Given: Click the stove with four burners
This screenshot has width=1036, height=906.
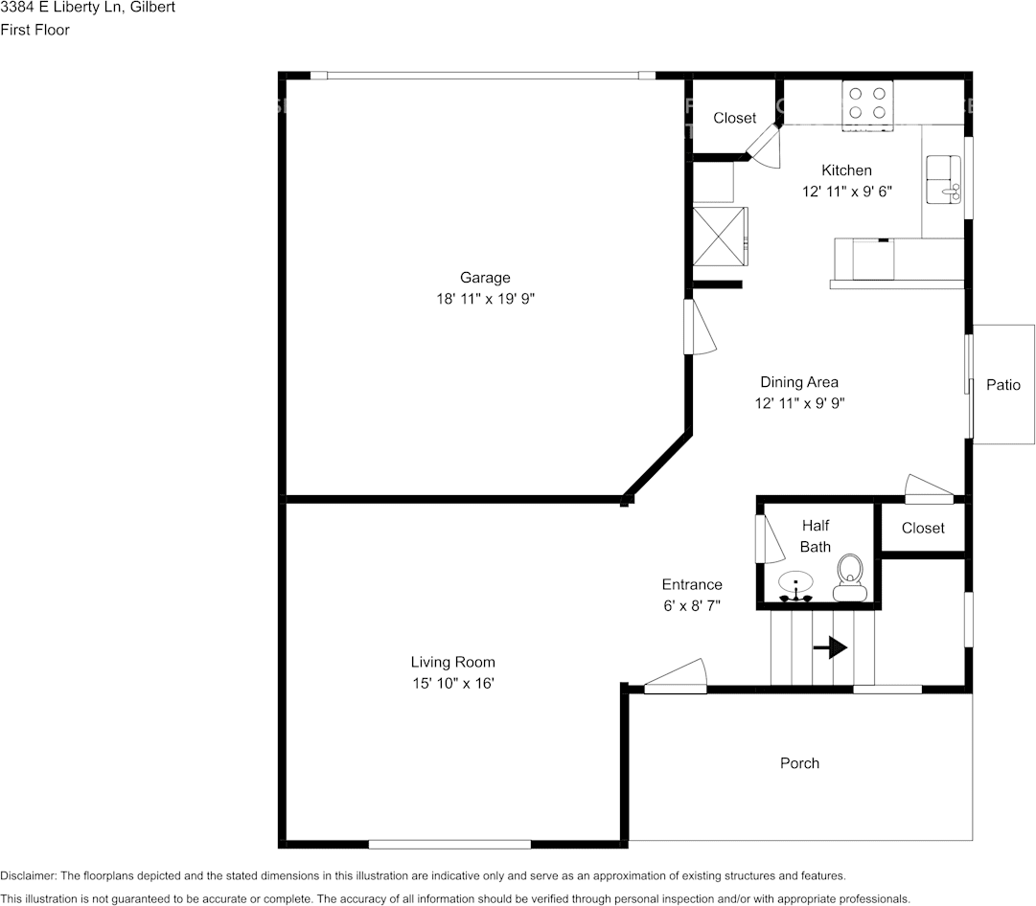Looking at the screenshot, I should pyautogui.click(x=867, y=103).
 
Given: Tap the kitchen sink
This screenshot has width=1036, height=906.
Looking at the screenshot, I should pyautogui.click(x=945, y=179).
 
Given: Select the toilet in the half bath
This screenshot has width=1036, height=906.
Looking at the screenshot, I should pyautogui.click(x=849, y=578).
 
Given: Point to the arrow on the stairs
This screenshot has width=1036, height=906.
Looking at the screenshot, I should pyautogui.click(x=830, y=648).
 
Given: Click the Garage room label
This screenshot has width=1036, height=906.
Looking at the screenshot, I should pyautogui.click(x=485, y=278).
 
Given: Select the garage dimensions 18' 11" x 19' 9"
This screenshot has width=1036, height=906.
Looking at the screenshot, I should pyautogui.click(x=485, y=299).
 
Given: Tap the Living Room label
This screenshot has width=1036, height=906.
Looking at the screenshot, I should pyautogui.click(x=453, y=662).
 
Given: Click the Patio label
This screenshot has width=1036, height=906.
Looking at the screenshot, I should pyautogui.click(x=1003, y=385).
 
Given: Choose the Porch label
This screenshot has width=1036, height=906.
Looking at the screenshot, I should pyautogui.click(x=799, y=763).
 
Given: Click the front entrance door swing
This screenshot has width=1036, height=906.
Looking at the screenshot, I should pyautogui.click(x=677, y=676).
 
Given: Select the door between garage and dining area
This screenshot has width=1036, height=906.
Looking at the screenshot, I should pyautogui.click(x=697, y=328).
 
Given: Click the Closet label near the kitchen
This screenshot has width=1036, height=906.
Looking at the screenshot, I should pyautogui.click(x=735, y=118).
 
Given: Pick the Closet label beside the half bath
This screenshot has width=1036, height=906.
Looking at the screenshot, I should pyautogui.click(x=923, y=528).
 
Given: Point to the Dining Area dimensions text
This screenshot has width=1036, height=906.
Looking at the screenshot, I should pyautogui.click(x=799, y=403).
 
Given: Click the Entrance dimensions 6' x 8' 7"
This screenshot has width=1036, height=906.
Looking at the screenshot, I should pyautogui.click(x=692, y=605).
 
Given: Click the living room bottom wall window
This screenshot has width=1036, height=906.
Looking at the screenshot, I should pyautogui.click(x=449, y=844).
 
